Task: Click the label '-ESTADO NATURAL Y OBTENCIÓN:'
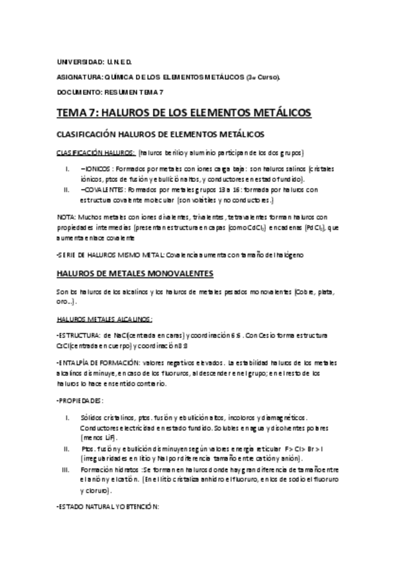coord(106,507)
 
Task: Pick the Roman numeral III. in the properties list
coord(65,469)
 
